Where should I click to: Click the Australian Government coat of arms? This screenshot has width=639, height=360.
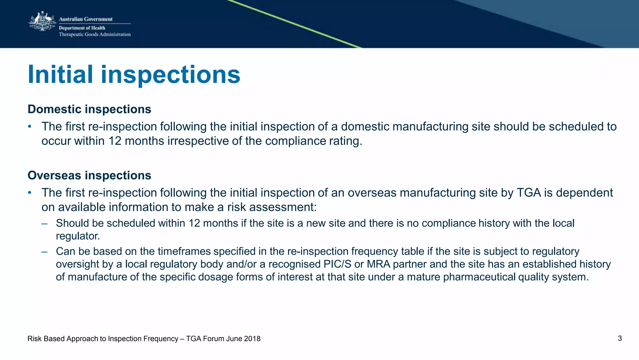42,22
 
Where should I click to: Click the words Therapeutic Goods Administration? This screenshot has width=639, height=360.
95,34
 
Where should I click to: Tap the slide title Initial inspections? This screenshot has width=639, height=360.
134,75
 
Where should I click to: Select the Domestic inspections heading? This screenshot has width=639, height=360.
89,109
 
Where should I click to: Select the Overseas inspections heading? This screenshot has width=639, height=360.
89,175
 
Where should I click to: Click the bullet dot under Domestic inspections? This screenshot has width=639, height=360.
30,126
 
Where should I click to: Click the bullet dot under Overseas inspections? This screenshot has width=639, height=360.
30,193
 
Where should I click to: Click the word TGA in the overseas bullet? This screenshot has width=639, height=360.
529,193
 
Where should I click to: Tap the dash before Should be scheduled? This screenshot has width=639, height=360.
44,224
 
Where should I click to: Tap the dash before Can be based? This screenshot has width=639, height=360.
44,252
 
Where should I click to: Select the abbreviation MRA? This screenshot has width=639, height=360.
378,264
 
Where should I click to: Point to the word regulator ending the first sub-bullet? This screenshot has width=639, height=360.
78,236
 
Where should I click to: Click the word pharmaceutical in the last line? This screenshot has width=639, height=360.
479,277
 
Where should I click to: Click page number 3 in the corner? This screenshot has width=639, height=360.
620,338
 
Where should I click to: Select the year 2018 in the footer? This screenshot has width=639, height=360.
252,339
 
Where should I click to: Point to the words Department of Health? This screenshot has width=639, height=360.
82,28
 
